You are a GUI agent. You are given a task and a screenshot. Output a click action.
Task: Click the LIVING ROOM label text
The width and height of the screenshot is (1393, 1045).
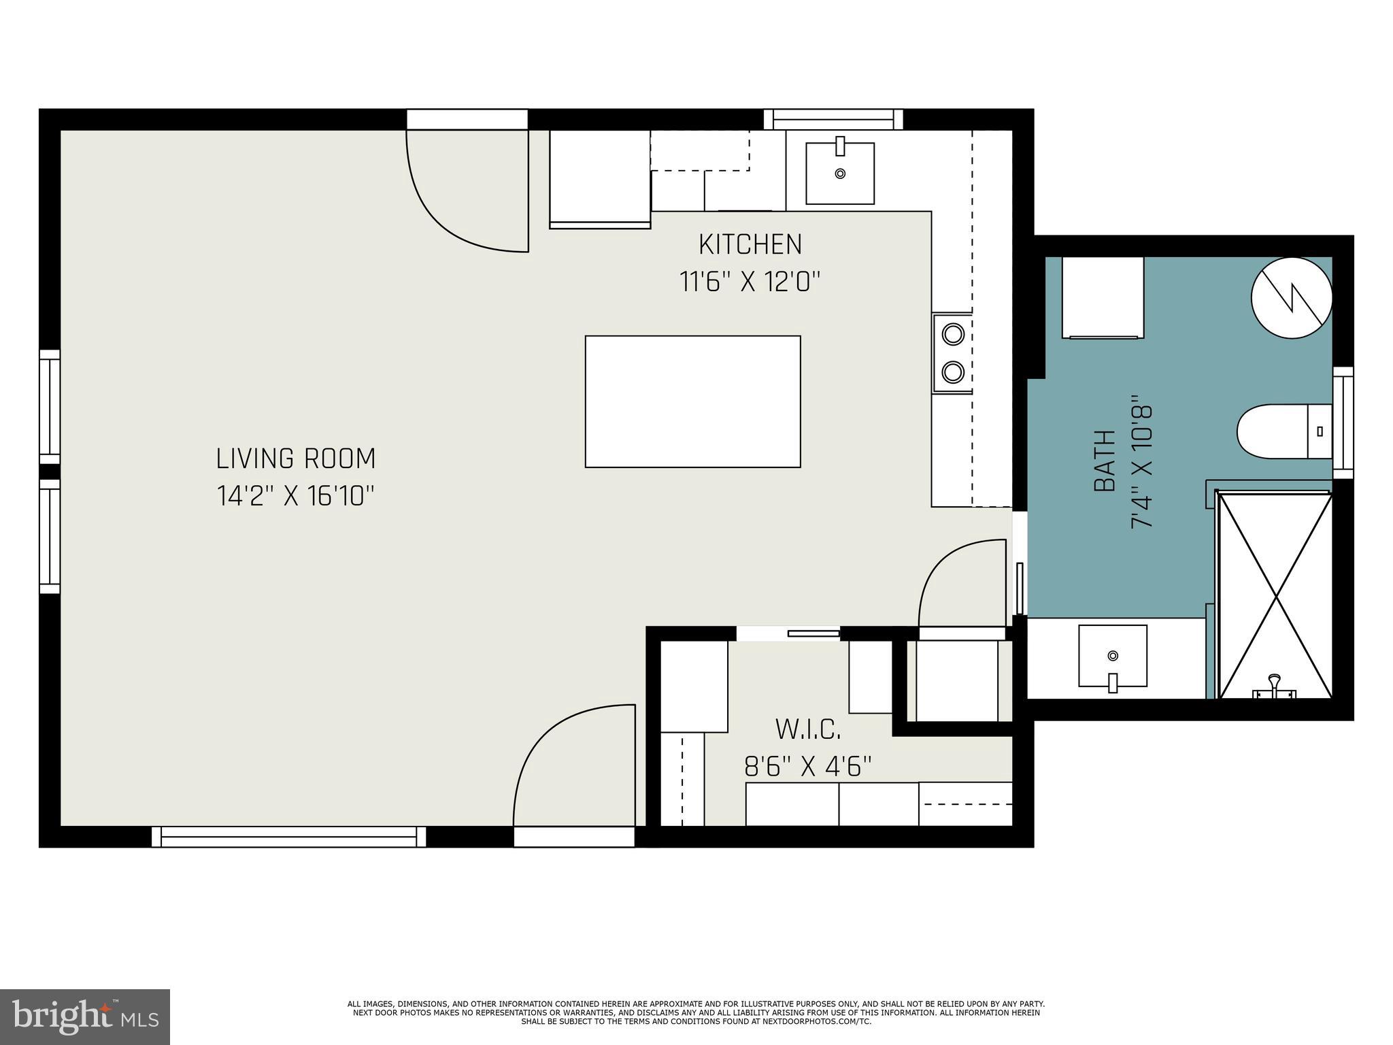coord(296,459)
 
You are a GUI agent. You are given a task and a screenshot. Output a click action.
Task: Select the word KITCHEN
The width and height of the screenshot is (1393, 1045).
coord(750,244)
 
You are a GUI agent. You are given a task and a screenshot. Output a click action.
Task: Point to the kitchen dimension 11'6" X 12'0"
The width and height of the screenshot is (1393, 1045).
coord(750,281)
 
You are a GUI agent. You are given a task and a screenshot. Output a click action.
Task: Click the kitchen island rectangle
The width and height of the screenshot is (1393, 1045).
coord(692,401)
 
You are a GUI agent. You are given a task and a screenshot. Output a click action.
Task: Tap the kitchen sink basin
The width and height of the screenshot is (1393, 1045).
coord(840,173)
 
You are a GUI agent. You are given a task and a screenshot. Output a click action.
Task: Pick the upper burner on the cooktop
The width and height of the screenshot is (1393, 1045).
coord(953,334)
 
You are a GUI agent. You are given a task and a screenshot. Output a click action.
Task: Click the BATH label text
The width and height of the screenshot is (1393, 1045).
coord(1105,461)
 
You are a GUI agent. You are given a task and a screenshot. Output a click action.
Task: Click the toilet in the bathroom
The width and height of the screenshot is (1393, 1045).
coord(1282,431)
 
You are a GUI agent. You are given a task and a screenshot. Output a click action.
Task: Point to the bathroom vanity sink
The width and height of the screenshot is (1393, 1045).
coord(1113,657)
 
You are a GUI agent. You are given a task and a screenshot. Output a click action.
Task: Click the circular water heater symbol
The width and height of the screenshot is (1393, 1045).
coord(1292,297)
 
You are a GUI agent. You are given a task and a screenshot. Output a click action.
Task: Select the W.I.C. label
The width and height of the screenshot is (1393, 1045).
coord(808,730)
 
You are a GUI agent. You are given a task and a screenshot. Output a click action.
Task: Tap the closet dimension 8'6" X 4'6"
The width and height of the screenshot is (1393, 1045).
coord(808,767)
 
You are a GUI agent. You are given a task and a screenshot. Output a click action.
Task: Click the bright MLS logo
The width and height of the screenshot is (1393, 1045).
coord(85,1016)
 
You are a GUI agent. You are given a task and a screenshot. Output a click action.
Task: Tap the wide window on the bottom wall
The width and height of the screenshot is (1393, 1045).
coord(288,837)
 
